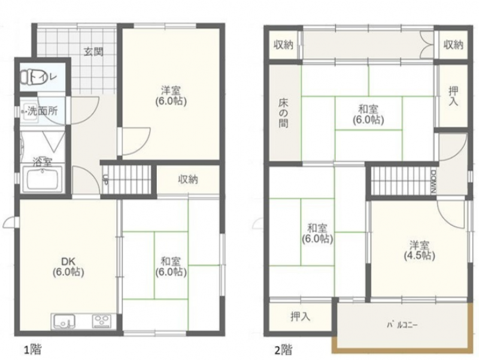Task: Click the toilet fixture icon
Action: pos(28,77)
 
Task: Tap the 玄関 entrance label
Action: pos(93,52)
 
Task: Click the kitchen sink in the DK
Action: pos(65,322)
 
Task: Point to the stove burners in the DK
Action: pos(102,322)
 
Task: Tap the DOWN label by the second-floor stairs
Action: pos(433,181)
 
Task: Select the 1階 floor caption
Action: pos(33,349)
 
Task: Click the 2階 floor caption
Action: pos(283,349)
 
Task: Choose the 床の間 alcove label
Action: pos(283,113)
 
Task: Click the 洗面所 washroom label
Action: pos(43,111)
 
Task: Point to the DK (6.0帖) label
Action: pos(68,267)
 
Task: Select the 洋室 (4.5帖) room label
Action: pos(420,250)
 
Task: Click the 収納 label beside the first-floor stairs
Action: pos(188,179)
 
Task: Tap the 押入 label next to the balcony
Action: pos(301,317)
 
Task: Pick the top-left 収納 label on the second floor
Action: pos(283,45)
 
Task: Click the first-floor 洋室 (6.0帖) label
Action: pos(171,96)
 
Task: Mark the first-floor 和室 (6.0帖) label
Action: pos(171,267)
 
